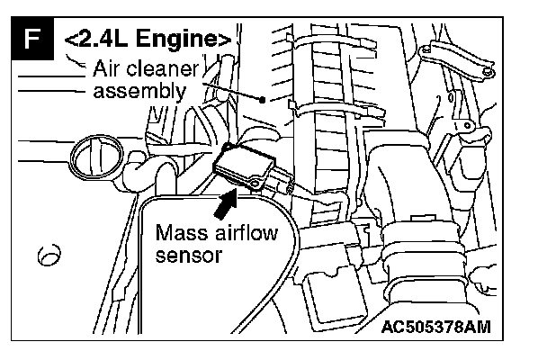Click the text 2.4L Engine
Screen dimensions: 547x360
point(149,41)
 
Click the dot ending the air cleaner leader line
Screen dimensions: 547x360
point(261,100)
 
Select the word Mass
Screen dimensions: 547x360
point(183,233)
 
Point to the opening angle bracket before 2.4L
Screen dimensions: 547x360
point(70,41)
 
